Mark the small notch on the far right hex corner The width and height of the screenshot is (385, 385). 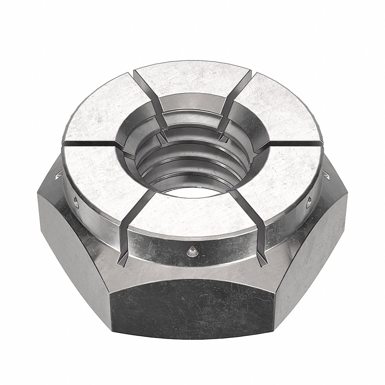coord(328,176)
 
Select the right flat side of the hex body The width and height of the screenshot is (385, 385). coord(316,248)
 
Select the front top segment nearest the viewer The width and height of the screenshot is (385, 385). coord(194,212)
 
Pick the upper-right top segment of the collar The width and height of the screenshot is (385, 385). coord(280,111)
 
